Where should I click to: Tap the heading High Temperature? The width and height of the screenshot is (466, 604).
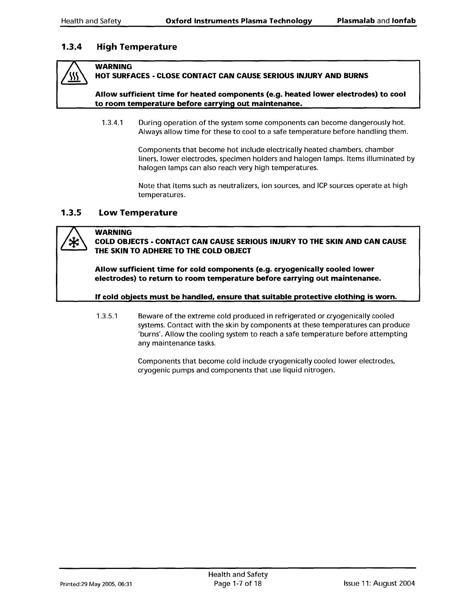click(137, 47)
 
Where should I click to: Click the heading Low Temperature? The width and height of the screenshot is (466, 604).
click(138, 213)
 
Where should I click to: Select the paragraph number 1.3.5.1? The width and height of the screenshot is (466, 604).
click(108, 316)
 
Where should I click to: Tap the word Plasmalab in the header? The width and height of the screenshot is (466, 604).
click(356, 21)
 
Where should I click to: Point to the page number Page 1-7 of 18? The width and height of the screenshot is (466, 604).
click(238, 583)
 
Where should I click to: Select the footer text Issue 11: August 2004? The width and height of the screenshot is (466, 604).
click(379, 583)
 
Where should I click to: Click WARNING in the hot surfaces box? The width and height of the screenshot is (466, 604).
click(113, 67)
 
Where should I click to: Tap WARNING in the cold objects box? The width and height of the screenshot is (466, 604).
click(113, 232)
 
